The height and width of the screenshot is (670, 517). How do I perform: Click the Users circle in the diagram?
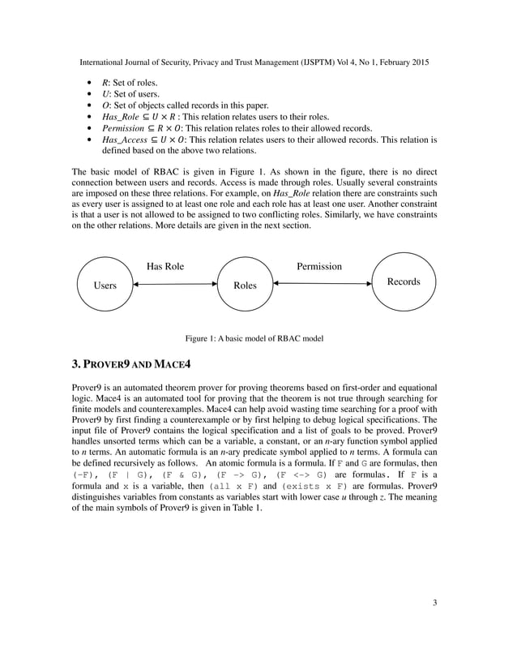[x=105, y=285]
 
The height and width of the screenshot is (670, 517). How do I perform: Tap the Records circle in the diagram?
[x=403, y=281]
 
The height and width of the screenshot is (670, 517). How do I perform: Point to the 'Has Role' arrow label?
[x=164, y=266]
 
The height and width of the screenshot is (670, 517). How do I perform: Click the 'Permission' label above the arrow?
[x=318, y=266]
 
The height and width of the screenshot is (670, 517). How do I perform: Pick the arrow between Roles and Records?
[x=322, y=284]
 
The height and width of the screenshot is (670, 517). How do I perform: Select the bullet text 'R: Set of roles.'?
[x=130, y=83]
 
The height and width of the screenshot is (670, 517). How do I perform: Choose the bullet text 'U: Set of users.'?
[x=130, y=94]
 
